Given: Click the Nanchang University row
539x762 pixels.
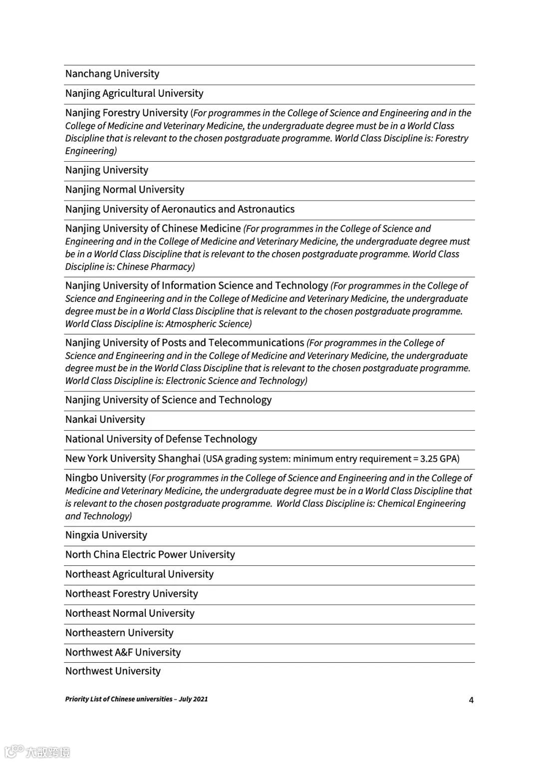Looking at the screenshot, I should (112, 74).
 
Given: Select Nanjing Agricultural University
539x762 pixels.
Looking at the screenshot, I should (134, 93).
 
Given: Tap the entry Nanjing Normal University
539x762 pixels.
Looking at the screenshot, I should (125, 190).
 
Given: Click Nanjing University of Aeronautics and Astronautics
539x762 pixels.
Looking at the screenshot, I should (180, 209).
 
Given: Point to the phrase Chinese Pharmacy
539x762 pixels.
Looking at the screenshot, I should (155, 266).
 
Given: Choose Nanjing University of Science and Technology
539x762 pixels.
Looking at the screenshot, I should (168, 400).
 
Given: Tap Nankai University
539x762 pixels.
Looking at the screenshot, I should (105, 419).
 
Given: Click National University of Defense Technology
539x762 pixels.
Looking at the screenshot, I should (161, 439).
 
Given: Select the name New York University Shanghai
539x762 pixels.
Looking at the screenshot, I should (133, 459).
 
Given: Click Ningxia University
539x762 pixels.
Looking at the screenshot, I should (106, 535).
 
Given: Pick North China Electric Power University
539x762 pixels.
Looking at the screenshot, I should (150, 554).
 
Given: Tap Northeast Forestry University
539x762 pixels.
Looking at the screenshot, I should (131, 594).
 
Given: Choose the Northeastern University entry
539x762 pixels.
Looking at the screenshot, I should (119, 633).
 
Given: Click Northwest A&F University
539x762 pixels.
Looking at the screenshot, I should (123, 652).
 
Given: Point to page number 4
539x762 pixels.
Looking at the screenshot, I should (471, 700).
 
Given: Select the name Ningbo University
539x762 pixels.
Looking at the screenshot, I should (105, 478).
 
